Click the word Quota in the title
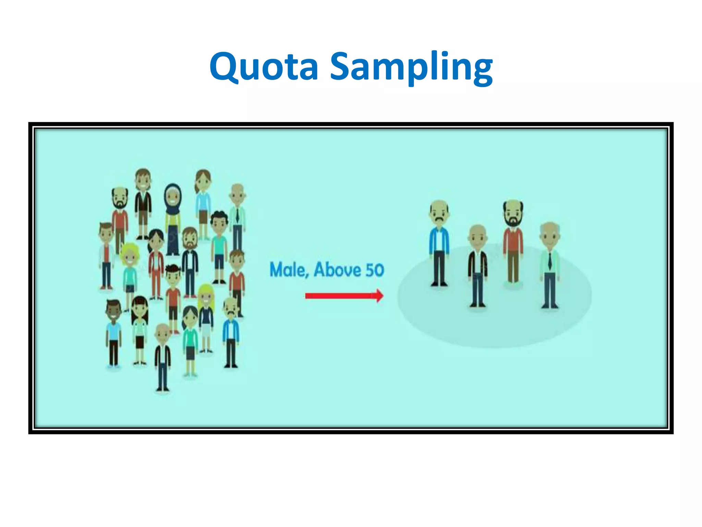point(264,67)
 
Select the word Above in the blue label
point(337,270)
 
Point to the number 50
point(374,270)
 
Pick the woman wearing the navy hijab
point(173,220)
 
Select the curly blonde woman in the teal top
point(130,271)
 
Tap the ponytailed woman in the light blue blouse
point(203,202)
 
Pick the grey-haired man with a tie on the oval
point(549,264)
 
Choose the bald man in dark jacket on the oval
point(477,264)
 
